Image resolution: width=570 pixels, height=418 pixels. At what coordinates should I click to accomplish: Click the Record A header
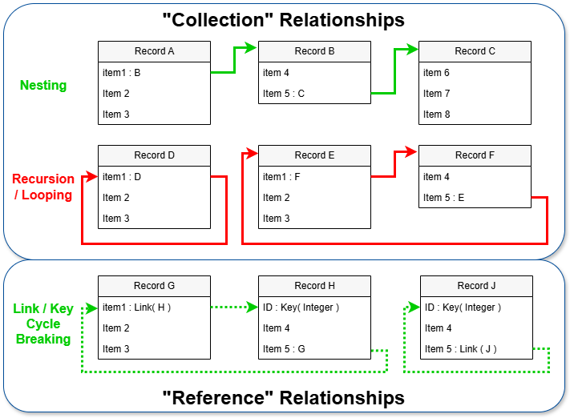(x=154, y=51)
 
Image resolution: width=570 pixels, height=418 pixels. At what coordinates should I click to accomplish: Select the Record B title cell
(x=314, y=51)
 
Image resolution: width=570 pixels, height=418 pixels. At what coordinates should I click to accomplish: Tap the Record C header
(x=475, y=51)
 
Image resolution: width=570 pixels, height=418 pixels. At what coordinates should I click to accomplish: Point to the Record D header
(x=154, y=155)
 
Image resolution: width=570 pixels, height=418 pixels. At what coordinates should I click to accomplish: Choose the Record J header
(x=476, y=286)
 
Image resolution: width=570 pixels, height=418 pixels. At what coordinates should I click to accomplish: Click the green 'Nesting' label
(x=43, y=85)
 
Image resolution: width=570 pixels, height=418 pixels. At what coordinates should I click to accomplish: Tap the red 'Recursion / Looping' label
(x=43, y=187)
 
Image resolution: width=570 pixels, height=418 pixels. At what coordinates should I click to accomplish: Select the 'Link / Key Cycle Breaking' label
(x=43, y=324)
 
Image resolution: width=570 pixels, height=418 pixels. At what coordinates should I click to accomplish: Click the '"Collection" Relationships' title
(x=285, y=19)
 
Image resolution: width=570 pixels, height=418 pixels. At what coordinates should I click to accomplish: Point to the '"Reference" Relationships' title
(x=285, y=398)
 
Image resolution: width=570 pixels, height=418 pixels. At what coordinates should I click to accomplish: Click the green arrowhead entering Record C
(x=413, y=50)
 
